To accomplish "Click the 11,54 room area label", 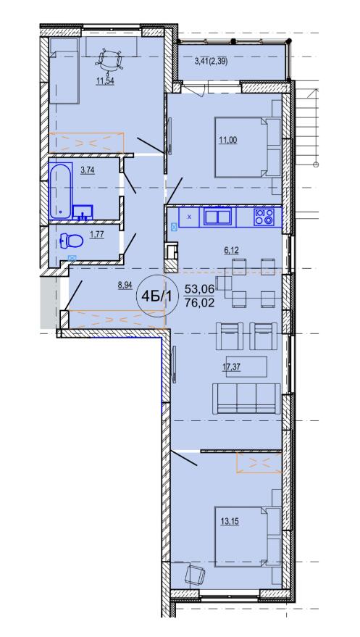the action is pyautogui.click(x=105, y=81).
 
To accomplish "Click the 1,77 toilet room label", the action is pyautogui.click(x=97, y=234).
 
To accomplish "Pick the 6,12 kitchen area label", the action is pyautogui.click(x=231, y=251).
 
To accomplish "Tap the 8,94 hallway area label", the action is pyautogui.click(x=125, y=285).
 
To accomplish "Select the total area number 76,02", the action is pyautogui.click(x=199, y=303).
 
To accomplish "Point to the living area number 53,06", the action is pyautogui.click(x=199, y=289).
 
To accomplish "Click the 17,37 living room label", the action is pyautogui.click(x=230, y=369).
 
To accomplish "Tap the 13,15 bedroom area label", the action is pyautogui.click(x=230, y=521).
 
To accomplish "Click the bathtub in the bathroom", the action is pyautogui.click(x=61, y=191).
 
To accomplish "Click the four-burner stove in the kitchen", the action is pyautogui.click(x=264, y=217).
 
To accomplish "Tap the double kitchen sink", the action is pyautogui.click(x=217, y=217).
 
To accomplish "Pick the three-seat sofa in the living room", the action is pyautogui.click(x=246, y=398).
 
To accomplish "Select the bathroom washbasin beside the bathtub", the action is pyautogui.click(x=83, y=212).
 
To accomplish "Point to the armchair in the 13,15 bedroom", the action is pyautogui.click(x=195, y=575).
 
